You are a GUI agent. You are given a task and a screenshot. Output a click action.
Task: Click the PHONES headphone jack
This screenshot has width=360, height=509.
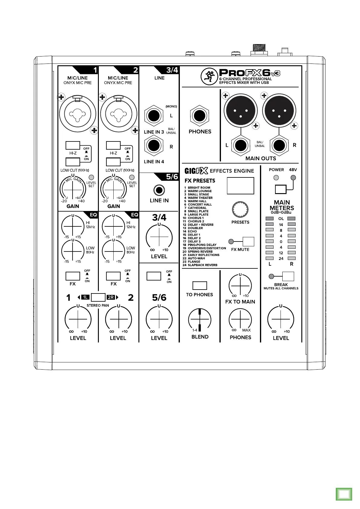tap(199, 116)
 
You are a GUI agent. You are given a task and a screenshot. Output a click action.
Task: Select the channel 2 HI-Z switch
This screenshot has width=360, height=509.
tap(113, 145)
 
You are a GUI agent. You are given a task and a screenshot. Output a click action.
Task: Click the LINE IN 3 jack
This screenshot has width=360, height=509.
tap(154, 116)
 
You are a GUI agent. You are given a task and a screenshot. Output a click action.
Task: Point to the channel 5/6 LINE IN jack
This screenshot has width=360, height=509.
tap(159, 190)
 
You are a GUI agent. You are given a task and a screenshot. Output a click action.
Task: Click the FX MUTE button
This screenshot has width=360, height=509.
tap(248, 242)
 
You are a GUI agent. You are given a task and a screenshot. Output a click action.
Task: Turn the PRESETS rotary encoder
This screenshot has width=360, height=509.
tap(240, 209)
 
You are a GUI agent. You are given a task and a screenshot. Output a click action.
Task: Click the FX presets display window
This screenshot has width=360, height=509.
tap(240, 186)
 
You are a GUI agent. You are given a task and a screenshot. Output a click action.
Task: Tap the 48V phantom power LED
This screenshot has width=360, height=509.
tap(293, 178)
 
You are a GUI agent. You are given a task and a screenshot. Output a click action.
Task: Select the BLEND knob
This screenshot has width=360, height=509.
tap(200, 320)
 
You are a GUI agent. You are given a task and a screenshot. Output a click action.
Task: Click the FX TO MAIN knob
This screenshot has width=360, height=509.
tap(240, 286)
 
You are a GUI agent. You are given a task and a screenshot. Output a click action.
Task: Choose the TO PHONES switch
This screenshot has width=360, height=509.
tap(199, 286)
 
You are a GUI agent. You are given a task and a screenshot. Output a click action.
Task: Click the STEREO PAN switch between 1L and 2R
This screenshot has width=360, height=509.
tap(98, 297)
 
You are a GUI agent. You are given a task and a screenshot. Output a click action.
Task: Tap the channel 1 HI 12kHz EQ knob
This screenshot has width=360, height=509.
tap(73, 226)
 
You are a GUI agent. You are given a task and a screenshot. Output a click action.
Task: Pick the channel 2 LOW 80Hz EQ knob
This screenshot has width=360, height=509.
tap(113, 251)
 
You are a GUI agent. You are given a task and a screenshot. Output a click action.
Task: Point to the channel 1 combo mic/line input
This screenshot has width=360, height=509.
tap(77, 114)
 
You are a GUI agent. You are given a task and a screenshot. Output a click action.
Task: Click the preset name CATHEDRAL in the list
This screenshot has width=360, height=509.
tap(197, 208)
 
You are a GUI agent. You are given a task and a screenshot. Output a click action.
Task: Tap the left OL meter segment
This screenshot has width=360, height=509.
tap(269, 219)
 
